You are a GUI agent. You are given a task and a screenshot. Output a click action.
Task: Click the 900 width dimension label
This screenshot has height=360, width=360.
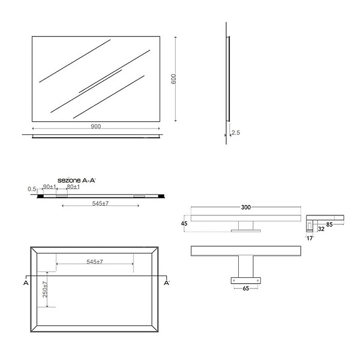[x=96, y=127]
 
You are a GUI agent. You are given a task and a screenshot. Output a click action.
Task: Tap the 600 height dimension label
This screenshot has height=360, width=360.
[x=173, y=79]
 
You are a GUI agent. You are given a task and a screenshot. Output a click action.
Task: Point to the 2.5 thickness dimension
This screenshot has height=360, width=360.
[x=236, y=133]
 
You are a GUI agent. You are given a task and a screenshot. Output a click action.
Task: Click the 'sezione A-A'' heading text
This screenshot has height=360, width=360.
[x=76, y=181]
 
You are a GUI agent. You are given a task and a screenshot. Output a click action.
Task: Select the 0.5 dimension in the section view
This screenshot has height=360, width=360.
[x=32, y=189]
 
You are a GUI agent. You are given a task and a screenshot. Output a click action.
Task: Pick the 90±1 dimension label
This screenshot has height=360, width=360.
[x=50, y=187]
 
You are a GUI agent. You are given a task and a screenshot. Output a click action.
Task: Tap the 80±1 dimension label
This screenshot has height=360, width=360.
[x=73, y=187]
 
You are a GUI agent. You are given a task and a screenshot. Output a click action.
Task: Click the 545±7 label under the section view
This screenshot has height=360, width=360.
[x=100, y=203]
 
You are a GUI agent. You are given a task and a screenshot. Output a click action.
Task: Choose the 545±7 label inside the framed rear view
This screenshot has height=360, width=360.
[x=95, y=262]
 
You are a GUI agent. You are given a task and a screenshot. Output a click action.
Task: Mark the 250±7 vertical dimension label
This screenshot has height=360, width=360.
[x=45, y=289]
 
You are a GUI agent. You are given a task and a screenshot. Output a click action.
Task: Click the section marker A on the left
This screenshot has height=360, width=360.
[x=26, y=283]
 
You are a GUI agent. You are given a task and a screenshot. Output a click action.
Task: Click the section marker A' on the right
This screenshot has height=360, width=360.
[x=167, y=283]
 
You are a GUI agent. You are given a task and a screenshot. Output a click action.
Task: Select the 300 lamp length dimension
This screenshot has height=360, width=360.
[x=245, y=208]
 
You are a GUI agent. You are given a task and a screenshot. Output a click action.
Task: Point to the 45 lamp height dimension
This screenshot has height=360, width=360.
[x=184, y=223]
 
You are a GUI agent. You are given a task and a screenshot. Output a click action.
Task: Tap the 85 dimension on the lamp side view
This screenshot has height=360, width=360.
[x=329, y=224]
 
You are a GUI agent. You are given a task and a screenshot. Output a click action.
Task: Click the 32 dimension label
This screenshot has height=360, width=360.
[x=321, y=229]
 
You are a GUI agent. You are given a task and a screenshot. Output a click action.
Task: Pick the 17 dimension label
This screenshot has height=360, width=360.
[x=310, y=238]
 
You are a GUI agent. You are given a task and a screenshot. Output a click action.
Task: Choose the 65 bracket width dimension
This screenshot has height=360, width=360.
[x=245, y=289]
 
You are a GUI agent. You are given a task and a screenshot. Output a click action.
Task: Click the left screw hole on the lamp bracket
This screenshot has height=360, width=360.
[x=234, y=280]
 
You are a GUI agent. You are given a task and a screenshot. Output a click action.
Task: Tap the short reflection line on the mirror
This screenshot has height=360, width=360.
[x=100, y=81]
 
